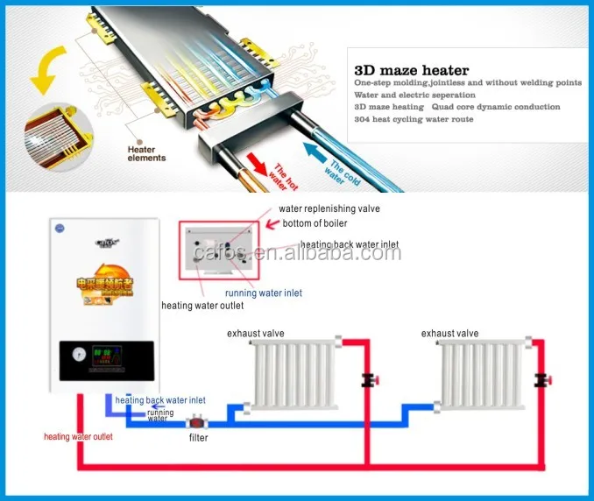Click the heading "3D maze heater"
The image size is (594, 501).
click(x=411, y=70)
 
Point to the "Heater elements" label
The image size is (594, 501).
click(x=146, y=154)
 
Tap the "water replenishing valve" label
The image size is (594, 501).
click(x=329, y=209)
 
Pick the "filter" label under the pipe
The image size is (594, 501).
click(x=198, y=437)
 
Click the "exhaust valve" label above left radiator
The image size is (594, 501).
click(x=256, y=334)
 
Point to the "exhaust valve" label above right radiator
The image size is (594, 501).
click(x=449, y=334)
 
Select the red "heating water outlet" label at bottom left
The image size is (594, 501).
click(x=80, y=436)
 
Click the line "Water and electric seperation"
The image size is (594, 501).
click(x=414, y=95)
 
